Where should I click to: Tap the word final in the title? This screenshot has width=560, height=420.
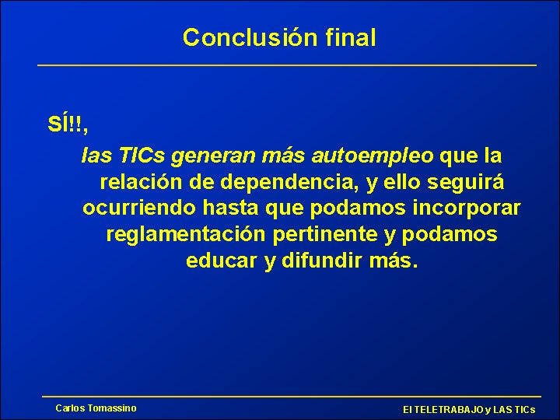tap(350, 37)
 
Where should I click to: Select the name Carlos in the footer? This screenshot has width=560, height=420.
tap(70, 408)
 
